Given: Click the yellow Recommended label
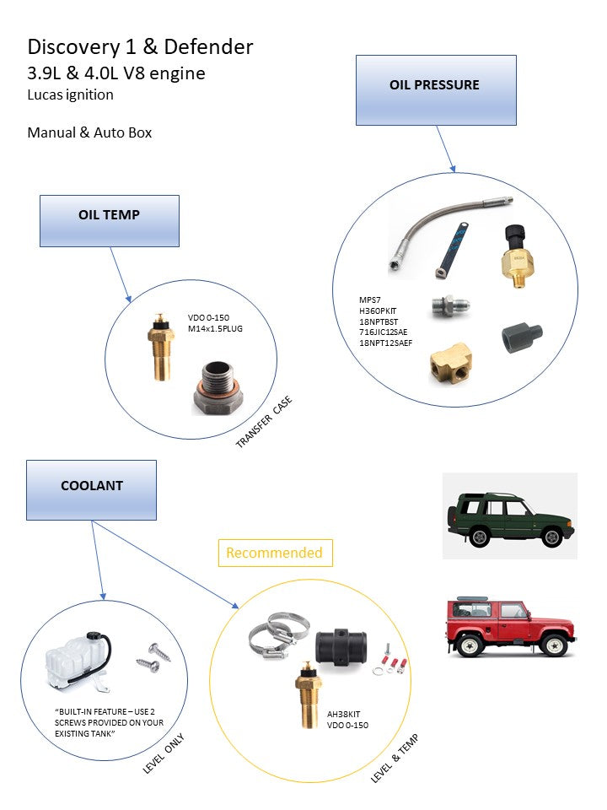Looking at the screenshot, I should [275, 553].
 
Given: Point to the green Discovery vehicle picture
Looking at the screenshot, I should [509, 515].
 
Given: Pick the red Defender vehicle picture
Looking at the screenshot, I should [509, 626].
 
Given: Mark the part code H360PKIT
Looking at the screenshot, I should [379, 310].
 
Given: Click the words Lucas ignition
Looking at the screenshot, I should [70, 94].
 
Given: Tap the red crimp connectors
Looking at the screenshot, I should [395, 658].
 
